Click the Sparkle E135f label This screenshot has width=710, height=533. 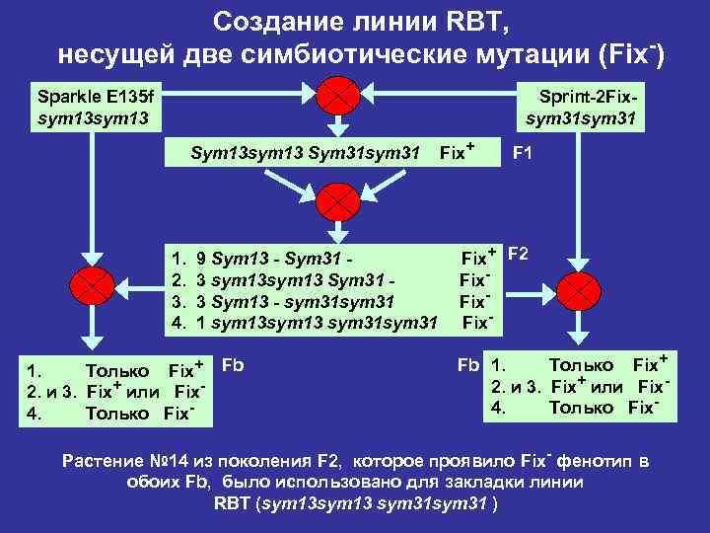tap(96, 97)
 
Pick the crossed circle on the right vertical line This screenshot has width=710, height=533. tap(579, 289)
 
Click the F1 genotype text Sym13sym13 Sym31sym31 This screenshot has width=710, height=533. tap(306, 154)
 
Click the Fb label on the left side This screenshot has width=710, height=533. tap(232, 364)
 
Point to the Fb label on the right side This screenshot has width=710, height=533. tap(467, 364)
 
